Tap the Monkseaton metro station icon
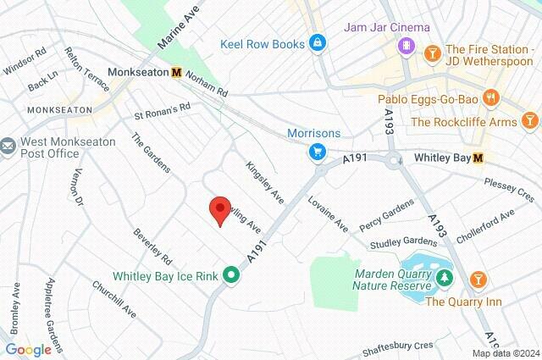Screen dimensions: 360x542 pyautogui.click(x=176, y=73)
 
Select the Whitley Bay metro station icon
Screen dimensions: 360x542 pyautogui.click(x=478, y=158)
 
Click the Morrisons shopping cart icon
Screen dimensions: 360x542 pyautogui.click(x=317, y=152)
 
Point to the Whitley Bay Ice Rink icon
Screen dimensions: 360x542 pyautogui.click(x=230, y=275)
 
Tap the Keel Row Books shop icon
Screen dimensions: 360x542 pyautogui.click(x=317, y=42)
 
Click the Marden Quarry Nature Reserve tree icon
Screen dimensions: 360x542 pyautogui.click(x=442, y=277)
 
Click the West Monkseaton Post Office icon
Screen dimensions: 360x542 pyautogui.click(x=8, y=147)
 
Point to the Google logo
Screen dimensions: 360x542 pyautogui.click(x=28, y=350)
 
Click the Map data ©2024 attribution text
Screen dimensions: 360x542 pyautogui.click(x=505, y=352)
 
